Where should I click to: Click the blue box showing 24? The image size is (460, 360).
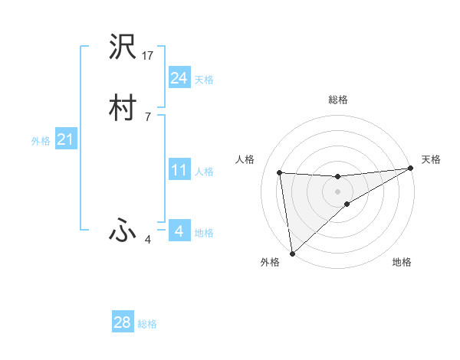tap(179, 78)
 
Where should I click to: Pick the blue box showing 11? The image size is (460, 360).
tap(179, 170)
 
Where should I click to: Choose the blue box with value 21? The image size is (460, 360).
tap(65, 139)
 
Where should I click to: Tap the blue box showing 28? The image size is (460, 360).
tap(123, 322)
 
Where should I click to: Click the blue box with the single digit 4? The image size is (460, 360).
tap(179, 231)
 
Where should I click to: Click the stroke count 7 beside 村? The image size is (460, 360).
tap(147, 116)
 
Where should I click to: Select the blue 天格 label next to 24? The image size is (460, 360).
tap(204, 80)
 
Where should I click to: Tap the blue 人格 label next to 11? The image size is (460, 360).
tap(205, 172)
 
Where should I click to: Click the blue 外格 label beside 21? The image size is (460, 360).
tap(41, 141)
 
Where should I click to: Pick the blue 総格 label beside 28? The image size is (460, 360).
tap(148, 324)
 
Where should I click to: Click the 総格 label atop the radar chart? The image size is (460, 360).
tap(338, 100)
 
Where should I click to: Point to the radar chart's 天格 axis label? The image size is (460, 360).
tap(431, 159)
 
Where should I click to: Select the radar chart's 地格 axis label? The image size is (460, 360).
tap(402, 262)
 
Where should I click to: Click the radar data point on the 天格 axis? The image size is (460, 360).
tap(410, 169)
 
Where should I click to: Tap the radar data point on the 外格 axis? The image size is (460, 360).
tap(292, 253)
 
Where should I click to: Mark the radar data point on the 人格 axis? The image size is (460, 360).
tap(280, 172)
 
